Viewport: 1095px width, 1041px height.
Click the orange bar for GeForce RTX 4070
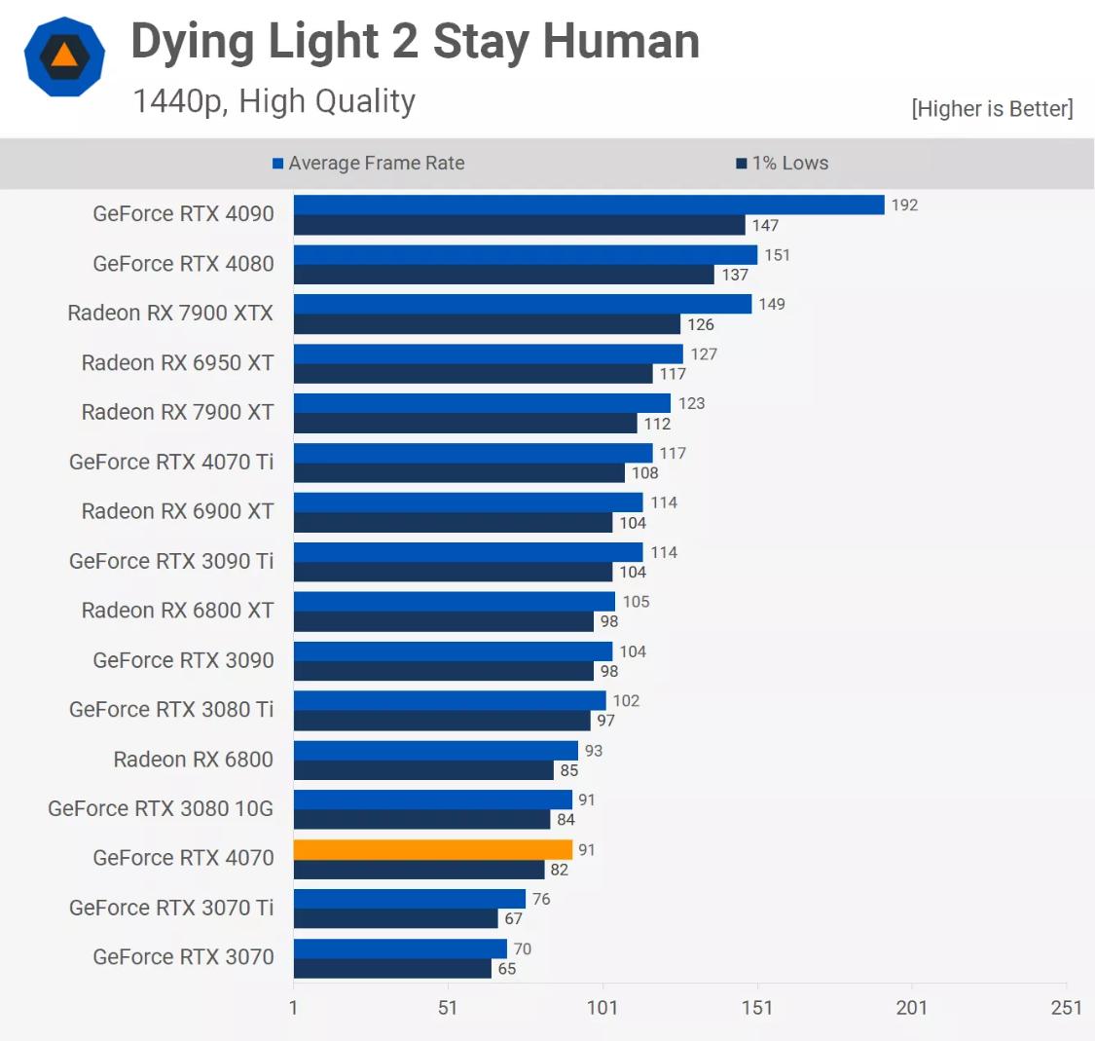pyautogui.click(x=433, y=849)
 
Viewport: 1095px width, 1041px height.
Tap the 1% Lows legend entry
pyautogui.click(x=783, y=164)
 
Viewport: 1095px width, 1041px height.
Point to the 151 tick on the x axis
pyautogui.click(x=756, y=1007)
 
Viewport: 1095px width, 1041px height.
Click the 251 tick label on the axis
pyautogui.click(x=1066, y=1007)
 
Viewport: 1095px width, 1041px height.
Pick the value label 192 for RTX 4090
pyautogui.click(x=904, y=205)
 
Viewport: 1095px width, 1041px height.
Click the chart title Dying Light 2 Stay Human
pyautogui.click(x=415, y=42)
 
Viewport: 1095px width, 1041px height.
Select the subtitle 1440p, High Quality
pyautogui.click(x=274, y=101)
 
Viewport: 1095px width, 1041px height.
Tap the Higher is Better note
pyautogui.click(x=992, y=109)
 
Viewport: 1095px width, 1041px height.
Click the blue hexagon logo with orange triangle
pyautogui.click(x=64, y=56)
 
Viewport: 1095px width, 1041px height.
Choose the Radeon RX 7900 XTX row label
pyautogui.click(x=170, y=313)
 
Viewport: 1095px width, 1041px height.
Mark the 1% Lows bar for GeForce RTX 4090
pyautogui.click(x=519, y=226)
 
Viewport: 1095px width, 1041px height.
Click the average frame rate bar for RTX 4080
pyautogui.click(x=525, y=255)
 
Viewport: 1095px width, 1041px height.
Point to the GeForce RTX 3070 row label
pyautogui.click(x=183, y=956)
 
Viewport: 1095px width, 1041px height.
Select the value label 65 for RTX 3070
pyautogui.click(x=507, y=969)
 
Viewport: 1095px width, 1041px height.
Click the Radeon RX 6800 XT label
pyautogui.click(x=177, y=610)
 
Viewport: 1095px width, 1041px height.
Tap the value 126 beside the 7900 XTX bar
pyautogui.click(x=701, y=324)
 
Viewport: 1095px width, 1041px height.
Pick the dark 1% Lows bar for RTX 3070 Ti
pyautogui.click(x=395, y=918)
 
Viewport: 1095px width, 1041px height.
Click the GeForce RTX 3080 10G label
pyautogui.click(x=161, y=808)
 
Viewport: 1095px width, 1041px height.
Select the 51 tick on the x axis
pyautogui.click(x=447, y=1007)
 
